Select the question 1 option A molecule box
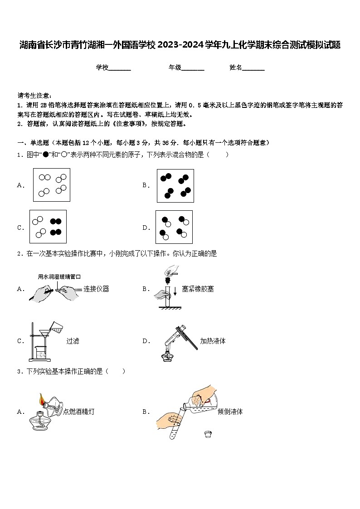pyautogui.click(x=52, y=185)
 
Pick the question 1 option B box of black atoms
pyautogui.click(x=175, y=185)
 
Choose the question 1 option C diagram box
pyautogui.click(x=48, y=227)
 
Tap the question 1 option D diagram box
pyautogui.click(x=174, y=227)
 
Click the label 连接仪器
pyautogui.click(x=96, y=289)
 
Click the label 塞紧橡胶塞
pyautogui.click(x=198, y=289)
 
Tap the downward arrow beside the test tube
pyautogui.click(x=175, y=291)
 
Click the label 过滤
pyautogui.click(x=73, y=341)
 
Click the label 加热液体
pyautogui.click(x=213, y=341)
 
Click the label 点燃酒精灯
pyautogui.click(x=79, y=412)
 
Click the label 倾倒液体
pyautogui.click(x=230, y=412)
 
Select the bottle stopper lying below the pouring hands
pyautogui.click(x=208, y=434)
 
